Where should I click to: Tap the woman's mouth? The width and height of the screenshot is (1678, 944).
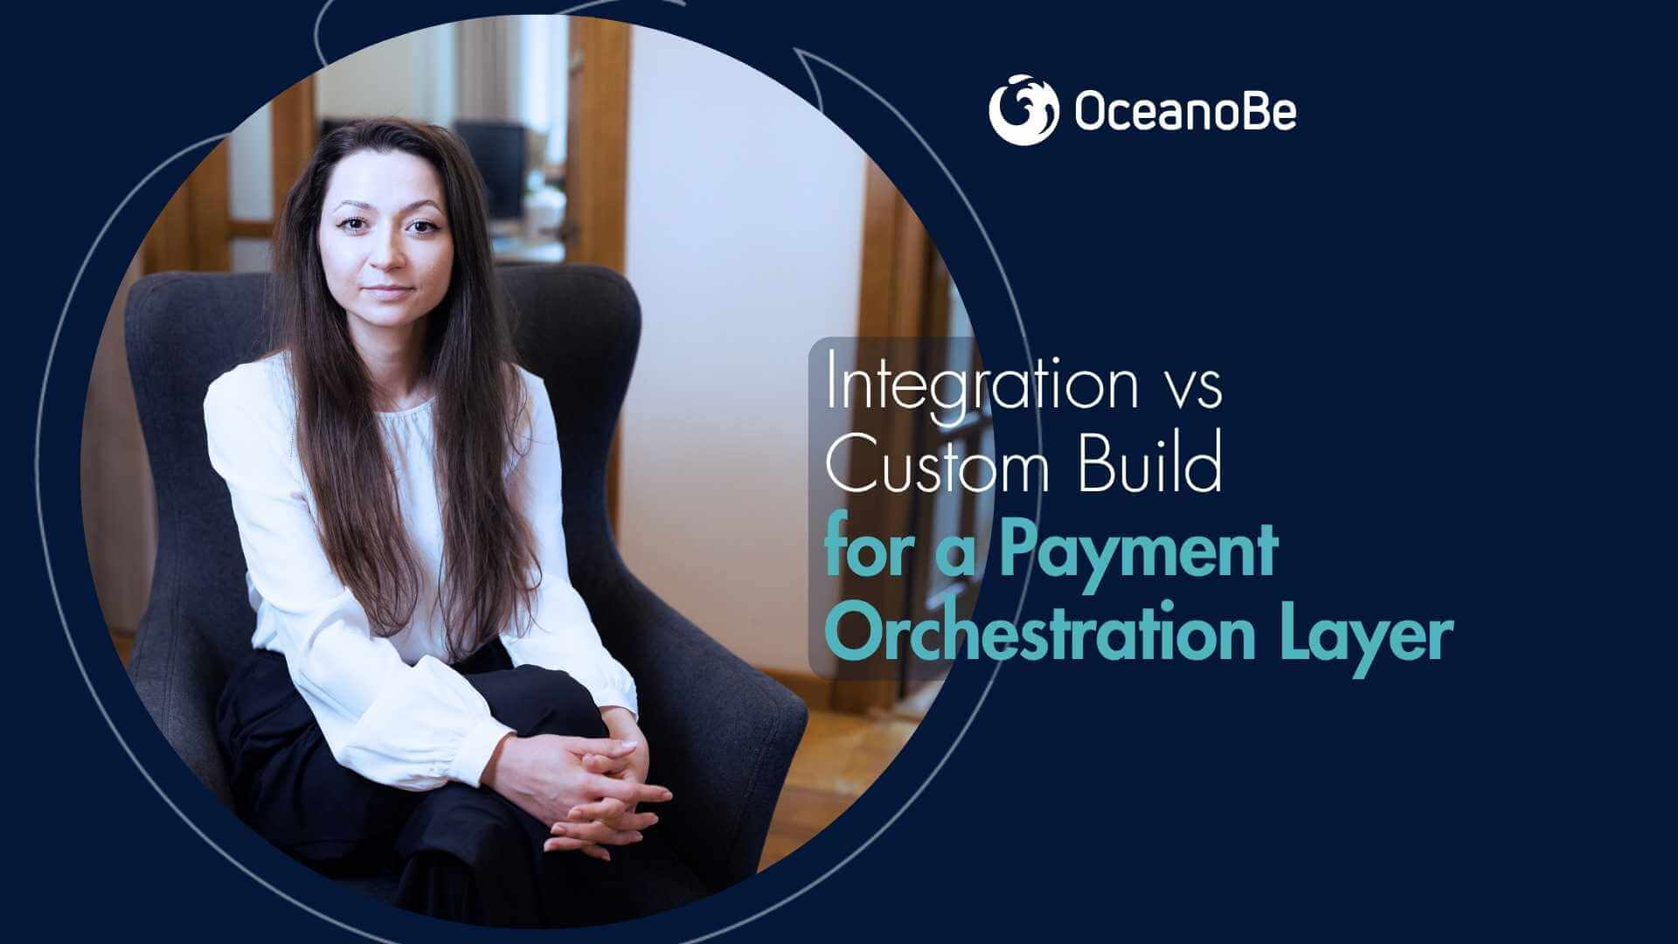point(391,290)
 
